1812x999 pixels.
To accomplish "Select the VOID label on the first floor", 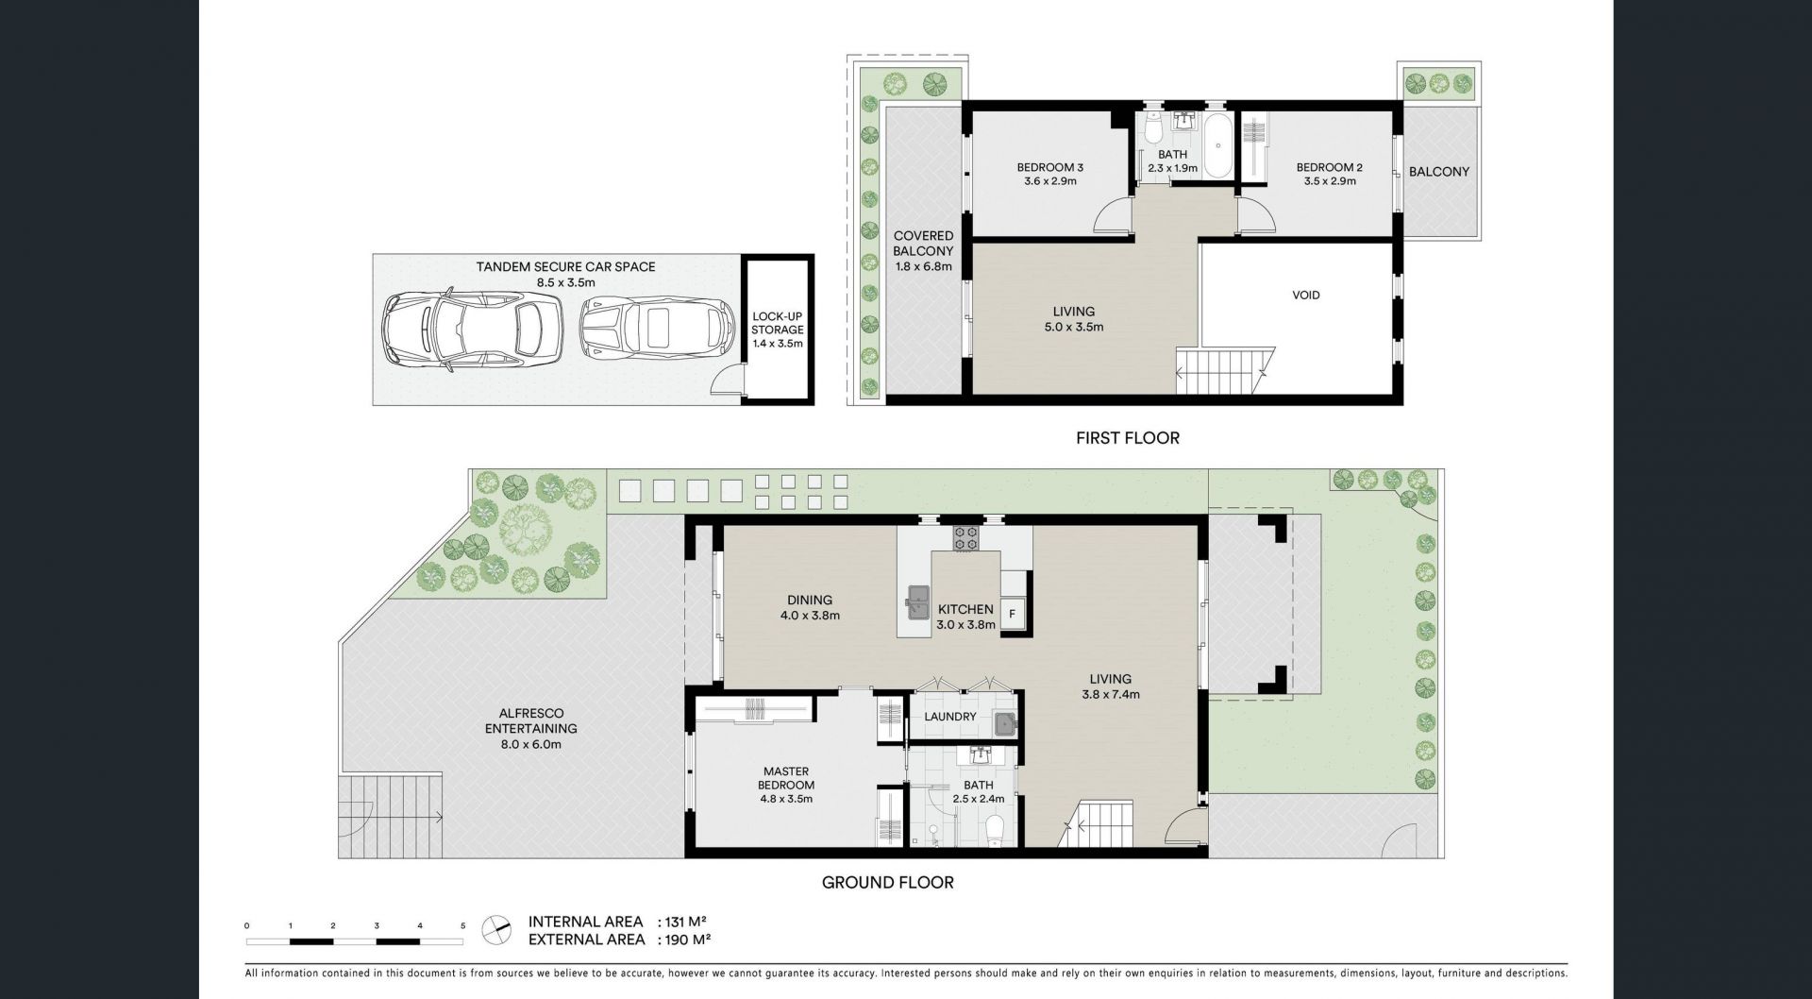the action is [x=1306, y=296].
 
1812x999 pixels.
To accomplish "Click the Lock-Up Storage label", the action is [x=778, y=323].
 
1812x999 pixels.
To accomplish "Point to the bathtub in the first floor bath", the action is [x=1218, y=145].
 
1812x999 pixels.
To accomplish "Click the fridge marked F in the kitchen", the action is [x=1012, y=614].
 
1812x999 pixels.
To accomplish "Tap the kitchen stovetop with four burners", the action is [x=966, y=538].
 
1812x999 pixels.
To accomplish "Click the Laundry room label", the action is [x=950, y=717].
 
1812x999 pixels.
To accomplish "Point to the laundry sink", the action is [x=1006, y=724].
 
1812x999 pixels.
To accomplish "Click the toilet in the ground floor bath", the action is [x=993, y=830].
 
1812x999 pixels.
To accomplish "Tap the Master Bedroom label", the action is [x=786, y=778].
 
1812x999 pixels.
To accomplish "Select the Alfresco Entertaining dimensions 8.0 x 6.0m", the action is [x=530, y=744].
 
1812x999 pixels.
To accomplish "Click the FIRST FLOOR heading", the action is [x=1128, y=438].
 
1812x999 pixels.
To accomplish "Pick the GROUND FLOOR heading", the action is [x=888, y=883].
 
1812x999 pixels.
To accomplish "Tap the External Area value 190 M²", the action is [x=687, y=940].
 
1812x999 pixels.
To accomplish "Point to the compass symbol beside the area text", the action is [x=495, y=930].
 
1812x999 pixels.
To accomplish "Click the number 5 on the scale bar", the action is [x=462, y=926].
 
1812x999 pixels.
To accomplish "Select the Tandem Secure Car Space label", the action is [x=565, y=267].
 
